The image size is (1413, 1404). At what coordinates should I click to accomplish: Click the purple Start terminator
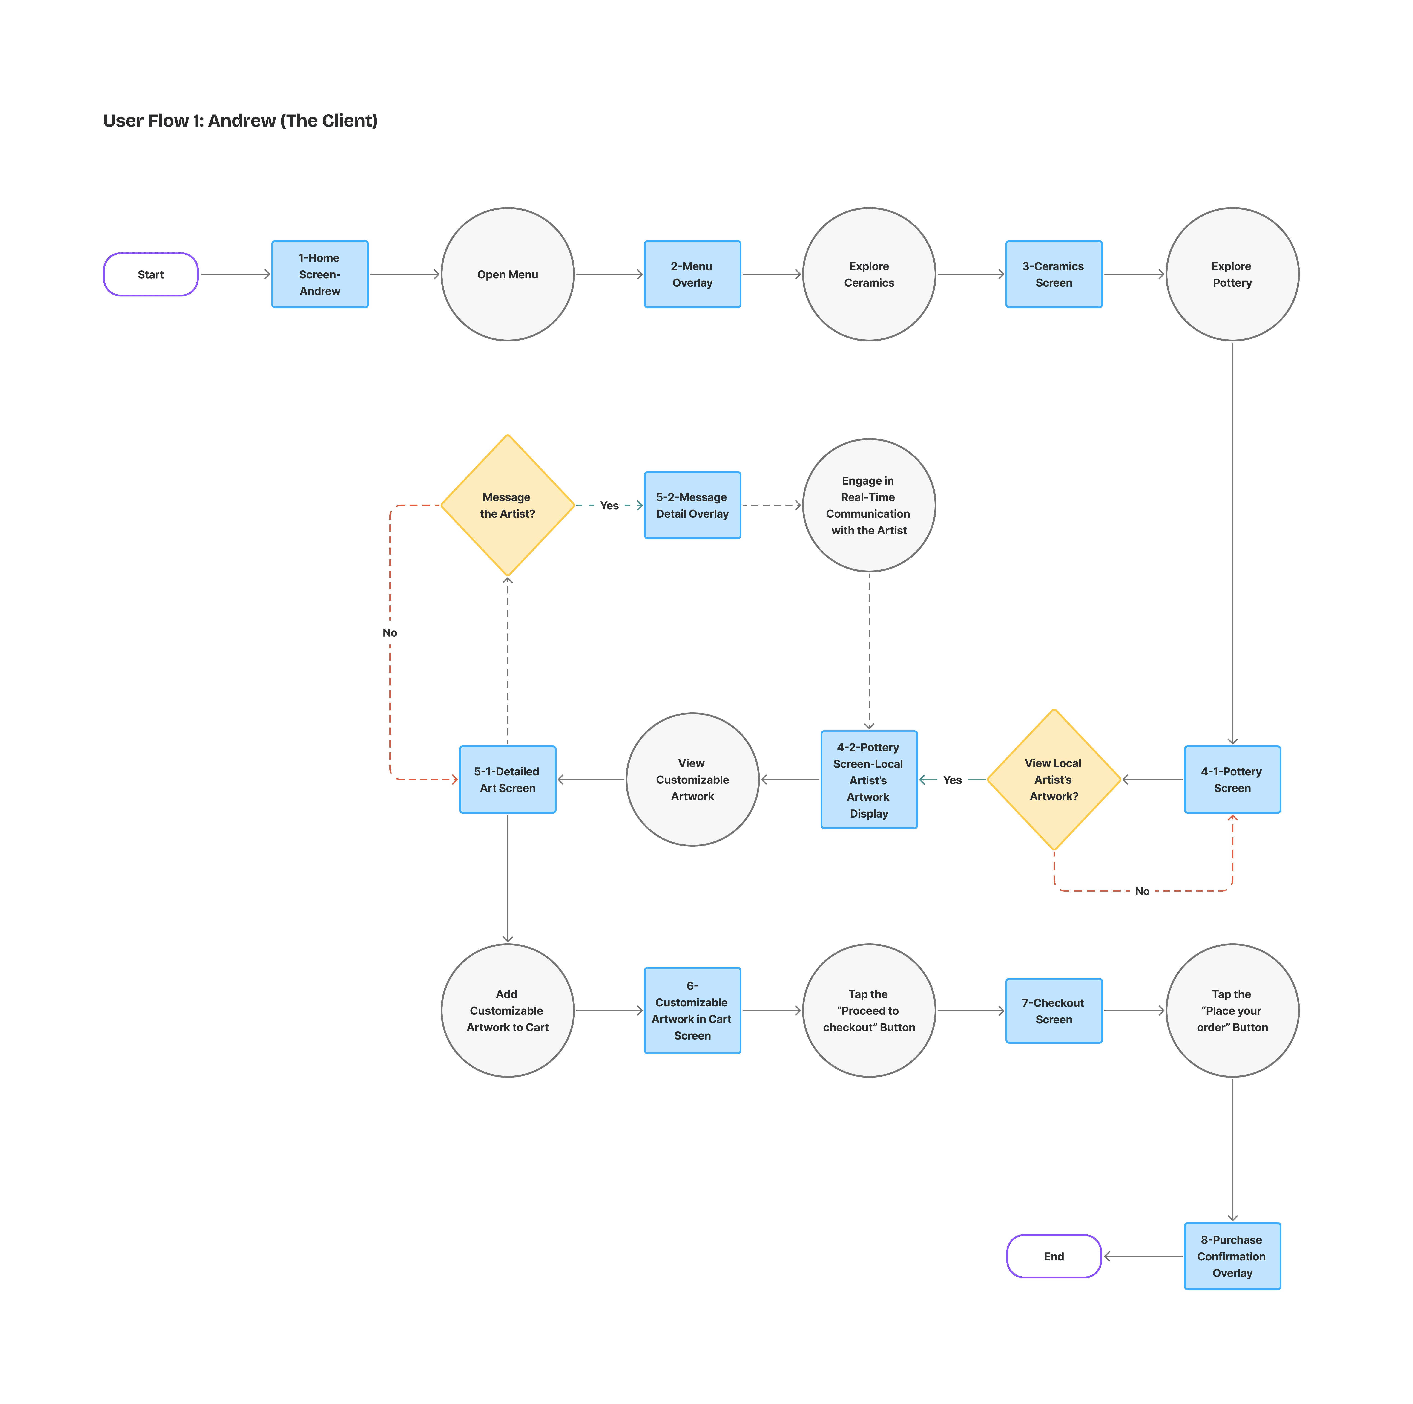coord(151,274)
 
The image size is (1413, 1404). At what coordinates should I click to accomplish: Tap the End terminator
coord(1054,1256)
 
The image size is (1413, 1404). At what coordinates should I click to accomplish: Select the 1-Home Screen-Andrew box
coord(320,274)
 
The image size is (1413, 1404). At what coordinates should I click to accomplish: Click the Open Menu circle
coord(508,274)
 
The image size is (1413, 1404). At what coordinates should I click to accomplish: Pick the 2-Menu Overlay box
coord(692,274)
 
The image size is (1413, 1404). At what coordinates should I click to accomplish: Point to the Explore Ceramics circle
coord(869,274)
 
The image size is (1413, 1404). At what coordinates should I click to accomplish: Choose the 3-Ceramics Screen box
coord(1054,274)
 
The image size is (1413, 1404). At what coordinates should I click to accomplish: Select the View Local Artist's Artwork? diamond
coord(1054,779)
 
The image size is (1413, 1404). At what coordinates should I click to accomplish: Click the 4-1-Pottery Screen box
coord(1232,779)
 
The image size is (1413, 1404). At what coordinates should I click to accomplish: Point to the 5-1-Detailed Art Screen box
coord(508,779)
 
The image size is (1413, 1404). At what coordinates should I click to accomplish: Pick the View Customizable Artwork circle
coord(692,779)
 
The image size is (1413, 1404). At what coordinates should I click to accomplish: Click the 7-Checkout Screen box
coord(1054,1010)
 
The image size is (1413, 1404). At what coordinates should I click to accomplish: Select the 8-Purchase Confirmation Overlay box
coord(1232,1256)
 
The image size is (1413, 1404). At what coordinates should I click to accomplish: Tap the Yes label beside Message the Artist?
coord(609,506)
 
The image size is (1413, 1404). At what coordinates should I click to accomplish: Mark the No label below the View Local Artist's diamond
coord(1142,891)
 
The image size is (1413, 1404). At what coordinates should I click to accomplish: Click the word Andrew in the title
coord(241,121)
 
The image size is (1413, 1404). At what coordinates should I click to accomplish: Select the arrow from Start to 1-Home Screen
coord(235,274)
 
